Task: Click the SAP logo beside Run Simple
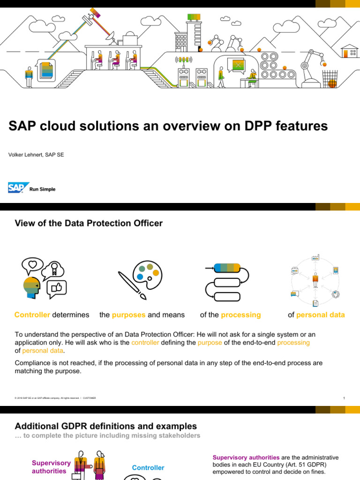click(18, 188)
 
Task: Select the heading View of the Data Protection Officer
click(89, 224)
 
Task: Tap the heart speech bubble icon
click(32, 265)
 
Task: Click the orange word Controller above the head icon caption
click(32, 315)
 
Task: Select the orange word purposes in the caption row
click(129, 315)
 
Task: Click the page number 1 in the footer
click(344, 398)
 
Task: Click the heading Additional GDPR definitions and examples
click(106, 426)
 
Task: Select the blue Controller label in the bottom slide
click(148, 468)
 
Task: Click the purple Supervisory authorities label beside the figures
click(51, 467)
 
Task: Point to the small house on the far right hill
click(349, 51)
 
